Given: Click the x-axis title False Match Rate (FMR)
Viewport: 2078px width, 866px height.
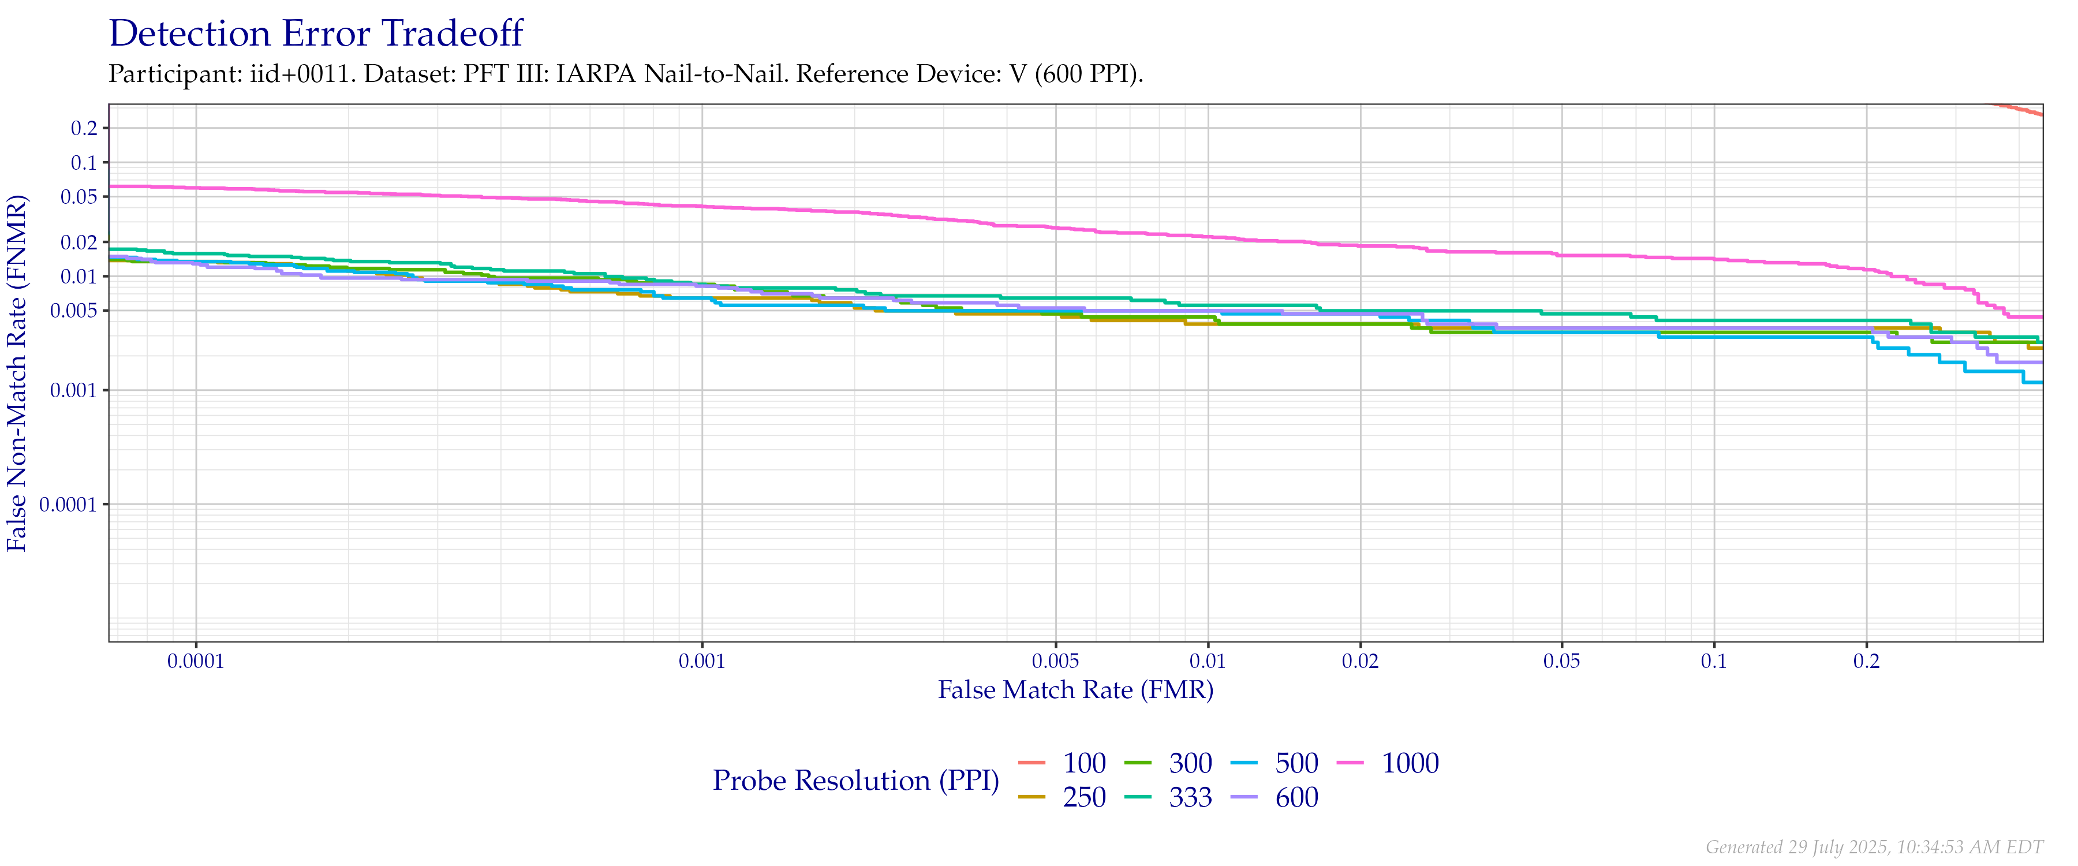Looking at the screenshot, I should coord(1075,690).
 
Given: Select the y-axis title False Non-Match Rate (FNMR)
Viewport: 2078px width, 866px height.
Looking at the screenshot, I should coord(18,373).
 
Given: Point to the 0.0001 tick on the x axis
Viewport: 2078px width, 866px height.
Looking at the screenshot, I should coord(196,662).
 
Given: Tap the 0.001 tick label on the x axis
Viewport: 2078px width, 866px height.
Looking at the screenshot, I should coord(702,662).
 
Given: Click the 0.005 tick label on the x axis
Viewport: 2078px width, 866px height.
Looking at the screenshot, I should coord(1055,662).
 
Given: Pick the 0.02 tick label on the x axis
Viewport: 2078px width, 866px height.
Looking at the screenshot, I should coord(1360,662).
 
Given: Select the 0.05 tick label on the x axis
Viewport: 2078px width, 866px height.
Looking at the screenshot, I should coord(1562,662).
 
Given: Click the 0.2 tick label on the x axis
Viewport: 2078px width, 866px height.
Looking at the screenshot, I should coord(1866,662).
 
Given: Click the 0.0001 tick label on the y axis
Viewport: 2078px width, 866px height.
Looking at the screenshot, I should coord(66,505).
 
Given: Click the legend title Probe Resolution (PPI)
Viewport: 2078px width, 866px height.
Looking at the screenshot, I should coord(856,781).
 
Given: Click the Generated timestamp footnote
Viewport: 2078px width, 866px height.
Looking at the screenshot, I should coord(1874,846).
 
